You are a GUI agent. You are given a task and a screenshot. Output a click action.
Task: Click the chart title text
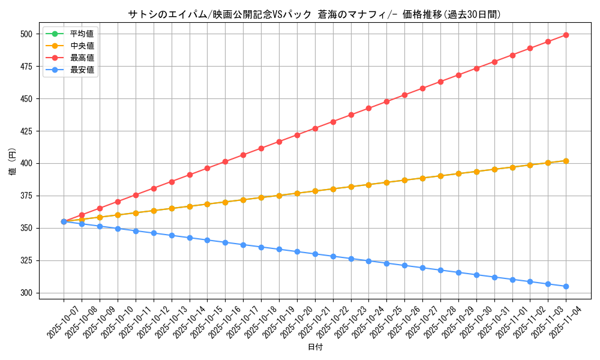pos(314,14)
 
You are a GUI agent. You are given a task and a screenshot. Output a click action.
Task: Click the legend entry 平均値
pos(82,34)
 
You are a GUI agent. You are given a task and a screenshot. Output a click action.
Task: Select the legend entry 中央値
pos(82,46)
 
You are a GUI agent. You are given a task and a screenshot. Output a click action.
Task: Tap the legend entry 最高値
pos(82,58)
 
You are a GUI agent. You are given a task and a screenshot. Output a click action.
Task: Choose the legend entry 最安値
pos(82,70)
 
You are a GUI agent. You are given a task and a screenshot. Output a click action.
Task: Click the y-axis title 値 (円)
pos(13,163)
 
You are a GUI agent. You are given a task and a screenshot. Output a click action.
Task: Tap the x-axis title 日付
pos(315,347)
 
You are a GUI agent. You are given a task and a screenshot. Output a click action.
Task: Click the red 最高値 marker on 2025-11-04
pos(566,35)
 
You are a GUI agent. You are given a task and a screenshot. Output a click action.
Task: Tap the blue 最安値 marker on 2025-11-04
pos(566,286)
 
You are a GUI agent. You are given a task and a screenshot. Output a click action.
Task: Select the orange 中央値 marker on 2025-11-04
pos(566,161)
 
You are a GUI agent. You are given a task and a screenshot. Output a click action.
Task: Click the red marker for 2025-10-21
pos(315,128)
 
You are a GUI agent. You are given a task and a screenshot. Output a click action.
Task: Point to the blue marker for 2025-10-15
pos(207,240)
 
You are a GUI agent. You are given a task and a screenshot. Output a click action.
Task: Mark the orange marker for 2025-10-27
pos(422,178)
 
